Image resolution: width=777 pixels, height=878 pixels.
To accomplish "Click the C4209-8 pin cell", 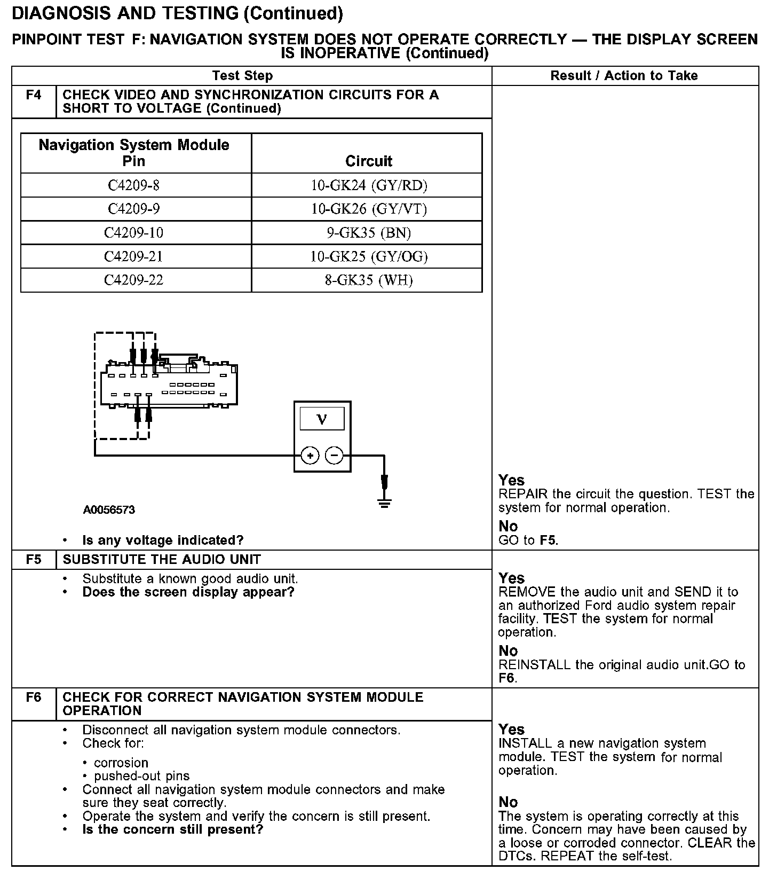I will coord(133,185).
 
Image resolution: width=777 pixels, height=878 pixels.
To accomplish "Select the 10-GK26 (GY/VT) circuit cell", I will coord(369,209).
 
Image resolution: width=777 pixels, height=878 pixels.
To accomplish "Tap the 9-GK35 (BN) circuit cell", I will coord(369,233).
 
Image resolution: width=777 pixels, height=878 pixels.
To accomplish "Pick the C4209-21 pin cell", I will coord(133,256).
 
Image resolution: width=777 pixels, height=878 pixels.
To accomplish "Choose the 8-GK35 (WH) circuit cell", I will coord(369,280).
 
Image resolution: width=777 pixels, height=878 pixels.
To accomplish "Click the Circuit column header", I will coord(368,161).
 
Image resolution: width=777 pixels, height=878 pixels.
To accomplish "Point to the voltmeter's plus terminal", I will coord(310,456).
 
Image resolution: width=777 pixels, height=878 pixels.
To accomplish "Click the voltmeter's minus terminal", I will coord(334,456).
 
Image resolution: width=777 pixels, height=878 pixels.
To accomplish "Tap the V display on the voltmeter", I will coord(322,419).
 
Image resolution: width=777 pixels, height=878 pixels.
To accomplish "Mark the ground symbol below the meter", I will coord(384,502).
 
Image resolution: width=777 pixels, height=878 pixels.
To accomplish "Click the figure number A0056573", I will coord(109,510).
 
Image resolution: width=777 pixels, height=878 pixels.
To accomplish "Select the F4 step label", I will coord(34,95).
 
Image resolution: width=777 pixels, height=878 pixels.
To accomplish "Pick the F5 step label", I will coord(34,560).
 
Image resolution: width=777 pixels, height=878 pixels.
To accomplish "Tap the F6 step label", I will coord(34,697).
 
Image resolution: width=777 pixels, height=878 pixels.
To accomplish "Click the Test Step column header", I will coord(242,76).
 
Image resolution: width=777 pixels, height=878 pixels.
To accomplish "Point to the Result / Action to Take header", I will coord(624,76).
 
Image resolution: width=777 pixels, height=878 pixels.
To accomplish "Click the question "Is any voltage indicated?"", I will coord(163,540).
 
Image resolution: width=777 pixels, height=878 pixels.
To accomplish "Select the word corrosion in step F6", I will coord(121,763).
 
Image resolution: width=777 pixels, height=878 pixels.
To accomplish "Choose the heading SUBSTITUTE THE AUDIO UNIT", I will coord(162,560).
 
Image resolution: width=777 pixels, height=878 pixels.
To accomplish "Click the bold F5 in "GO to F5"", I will coord(548,540).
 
